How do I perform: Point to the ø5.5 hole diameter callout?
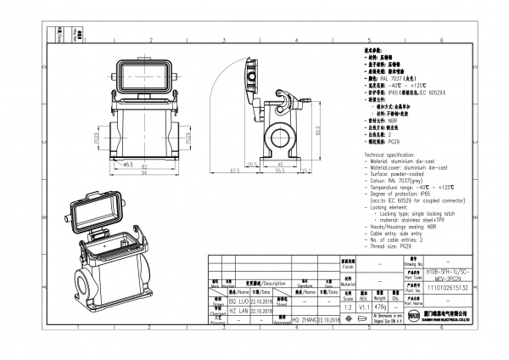pos(128,162)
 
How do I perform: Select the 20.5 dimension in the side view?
pos(251,163)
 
